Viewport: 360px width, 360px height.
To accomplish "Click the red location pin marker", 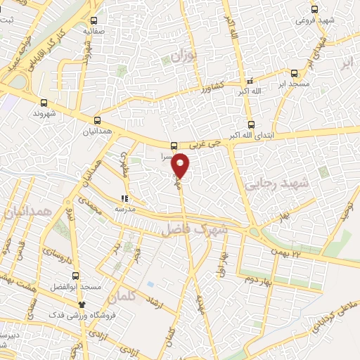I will tap(181, 165).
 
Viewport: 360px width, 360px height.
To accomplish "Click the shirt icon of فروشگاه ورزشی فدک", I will tap(82, 304).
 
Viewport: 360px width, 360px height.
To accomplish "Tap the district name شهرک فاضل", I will tap(195, 228).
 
